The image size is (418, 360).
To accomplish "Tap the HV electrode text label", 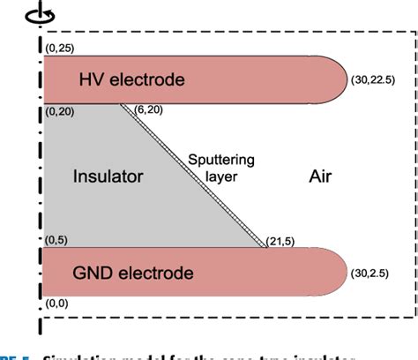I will click(x=131, y=80).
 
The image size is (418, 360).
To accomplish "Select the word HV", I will click(x=90, y=80).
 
